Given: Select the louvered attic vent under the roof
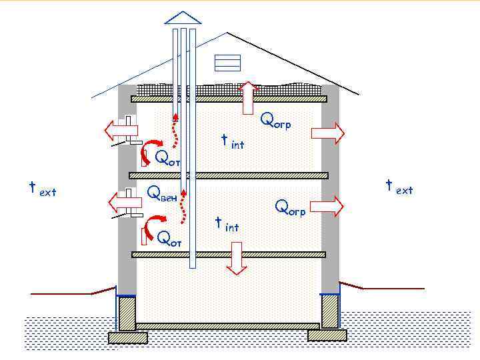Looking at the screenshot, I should click(x=227, y=62).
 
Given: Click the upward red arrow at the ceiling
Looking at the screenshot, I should click(x=248, y=97).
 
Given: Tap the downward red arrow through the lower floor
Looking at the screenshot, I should click(x=235, y=258).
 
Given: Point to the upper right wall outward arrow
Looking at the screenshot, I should click(x=327, y=133).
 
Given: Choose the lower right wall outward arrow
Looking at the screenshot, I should click(x=327, y=206).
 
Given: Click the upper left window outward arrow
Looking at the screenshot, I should click(x=121, y=128).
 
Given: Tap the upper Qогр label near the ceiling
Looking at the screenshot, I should click(x=275, y=121).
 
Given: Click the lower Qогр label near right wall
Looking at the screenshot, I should click(x=290, y=208).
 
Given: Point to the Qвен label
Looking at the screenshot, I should click(x=162, y=194).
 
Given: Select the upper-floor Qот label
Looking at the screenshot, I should click(x=167, y=158).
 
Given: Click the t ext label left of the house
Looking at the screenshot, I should click(x=42, y=189).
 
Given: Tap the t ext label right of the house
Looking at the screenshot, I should click(x=399, y=187).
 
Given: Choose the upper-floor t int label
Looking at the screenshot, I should click(x=232, y=142).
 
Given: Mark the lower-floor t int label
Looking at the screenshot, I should click(x=227, y=225).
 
